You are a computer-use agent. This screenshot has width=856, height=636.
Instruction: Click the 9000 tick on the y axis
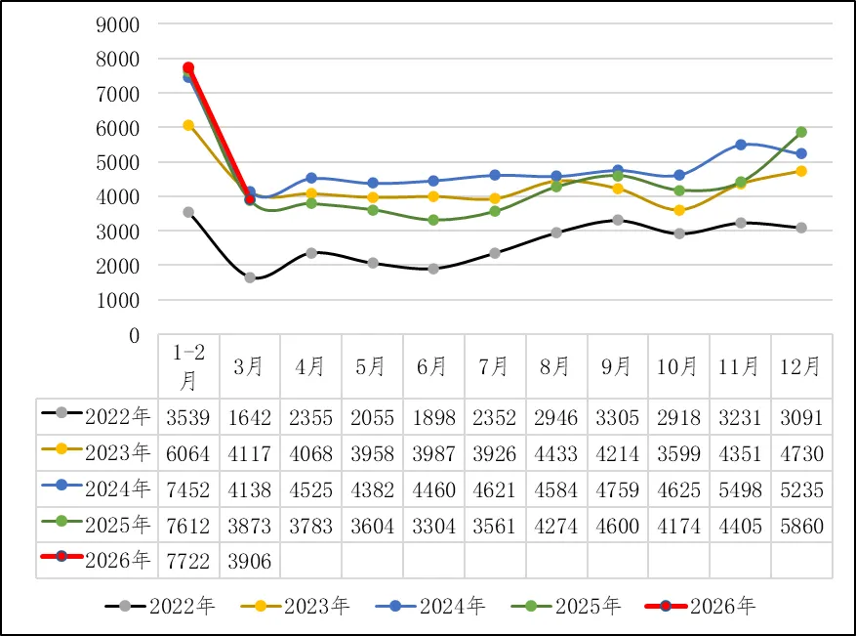(119, 23)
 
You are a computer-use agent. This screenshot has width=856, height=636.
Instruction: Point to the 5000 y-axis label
(119, 162)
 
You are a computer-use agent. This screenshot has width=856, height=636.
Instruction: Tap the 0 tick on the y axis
(135, 335)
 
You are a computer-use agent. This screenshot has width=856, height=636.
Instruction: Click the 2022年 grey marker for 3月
(250, 277)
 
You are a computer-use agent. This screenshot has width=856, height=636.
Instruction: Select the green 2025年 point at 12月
(800, 132)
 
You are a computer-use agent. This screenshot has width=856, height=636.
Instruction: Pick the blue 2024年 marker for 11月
(741, 145)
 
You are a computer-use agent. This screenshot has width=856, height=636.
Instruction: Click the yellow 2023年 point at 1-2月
(188, 125)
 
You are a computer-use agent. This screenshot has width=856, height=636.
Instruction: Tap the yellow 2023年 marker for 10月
(679, 210)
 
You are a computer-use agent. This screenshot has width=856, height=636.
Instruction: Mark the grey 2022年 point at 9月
(618, 220)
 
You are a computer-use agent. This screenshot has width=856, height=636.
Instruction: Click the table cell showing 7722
(188, 561)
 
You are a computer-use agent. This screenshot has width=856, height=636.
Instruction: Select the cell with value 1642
(250, 418)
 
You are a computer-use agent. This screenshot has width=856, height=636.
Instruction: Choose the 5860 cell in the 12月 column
(800, 526)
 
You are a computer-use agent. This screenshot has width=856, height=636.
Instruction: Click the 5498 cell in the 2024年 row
(741, 489)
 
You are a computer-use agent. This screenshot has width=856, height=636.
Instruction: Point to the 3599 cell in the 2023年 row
(679, 454)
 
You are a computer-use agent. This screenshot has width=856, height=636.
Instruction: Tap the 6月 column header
(433, 366)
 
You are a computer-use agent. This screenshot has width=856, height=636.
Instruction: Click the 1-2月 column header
(188, 366)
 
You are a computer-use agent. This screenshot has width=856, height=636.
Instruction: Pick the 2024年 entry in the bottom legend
(430, 607)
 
